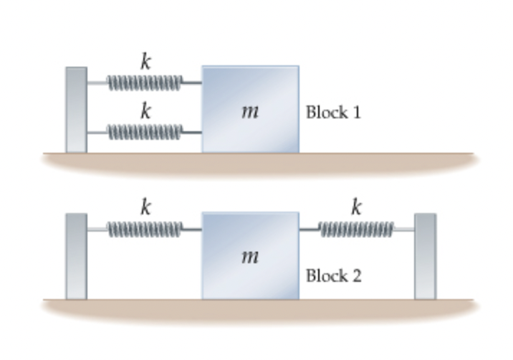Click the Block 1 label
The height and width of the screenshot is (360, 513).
click(333, 112)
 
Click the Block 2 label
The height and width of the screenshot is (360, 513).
click(333, 275)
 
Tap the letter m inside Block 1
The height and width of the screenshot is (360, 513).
click(249, 111)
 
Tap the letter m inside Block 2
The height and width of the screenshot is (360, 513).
click(249, 256)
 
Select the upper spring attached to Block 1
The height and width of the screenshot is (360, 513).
click(144, 83)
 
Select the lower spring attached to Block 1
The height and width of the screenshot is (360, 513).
click(144, 132)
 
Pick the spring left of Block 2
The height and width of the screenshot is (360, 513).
click(144, 229)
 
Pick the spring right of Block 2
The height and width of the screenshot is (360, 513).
click(355, 229)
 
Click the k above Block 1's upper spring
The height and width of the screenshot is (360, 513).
click(145, 62)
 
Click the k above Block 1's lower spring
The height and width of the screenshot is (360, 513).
click(145, 111)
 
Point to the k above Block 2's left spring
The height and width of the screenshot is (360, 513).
click(145, 207)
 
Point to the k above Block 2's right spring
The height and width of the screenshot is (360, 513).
click(356, 207)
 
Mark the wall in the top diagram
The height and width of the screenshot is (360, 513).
click(76, 110)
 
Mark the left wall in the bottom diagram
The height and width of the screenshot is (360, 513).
click(76, 255)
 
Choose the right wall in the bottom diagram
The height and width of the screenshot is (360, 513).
click(425, 255)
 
